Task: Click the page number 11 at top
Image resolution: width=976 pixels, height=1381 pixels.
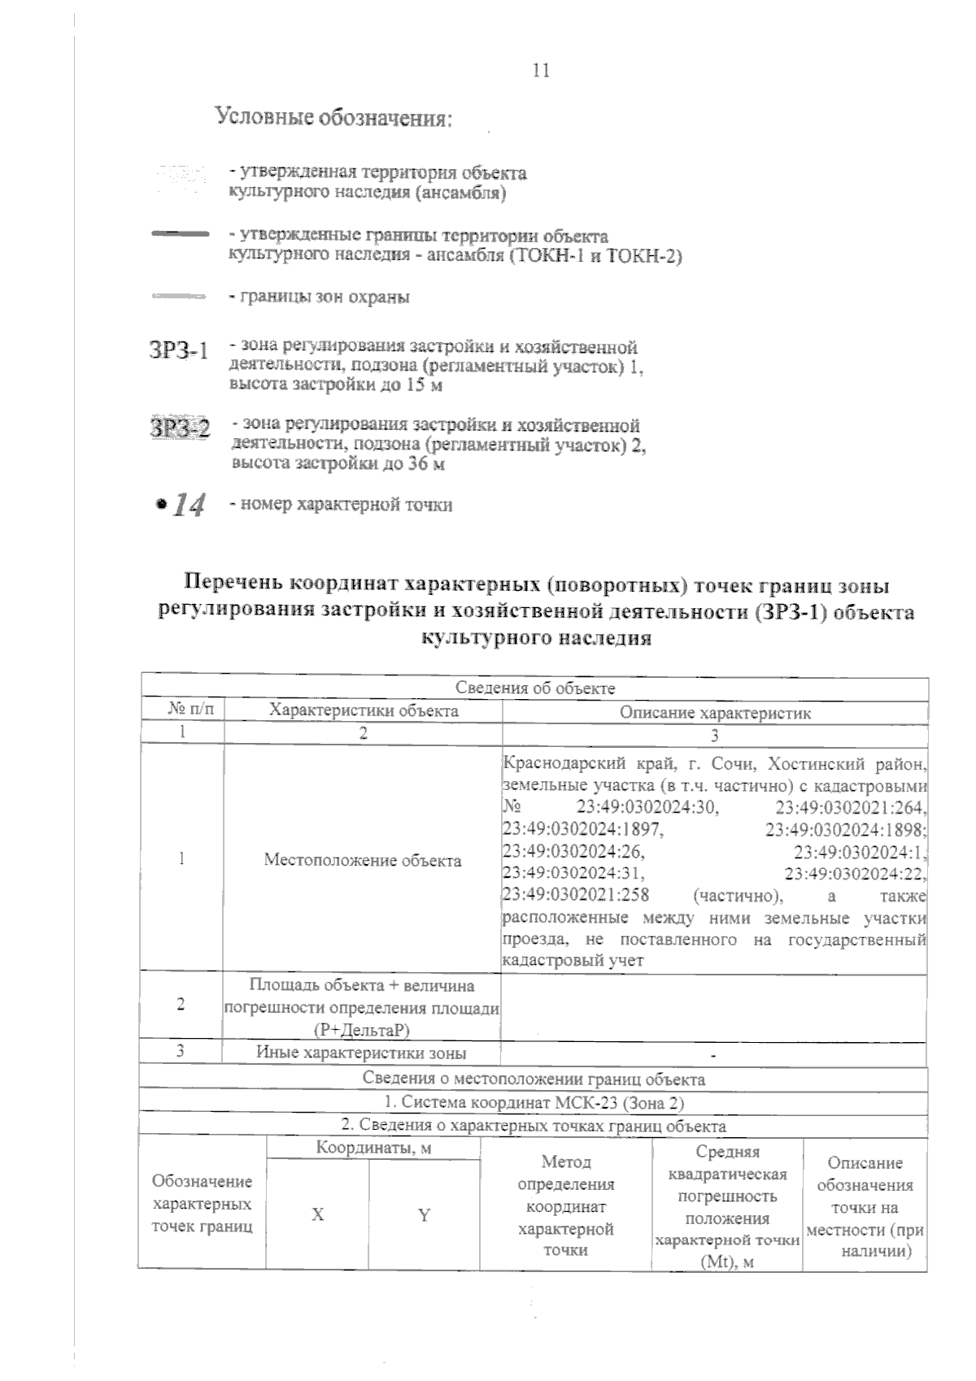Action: click(x=541, y=71)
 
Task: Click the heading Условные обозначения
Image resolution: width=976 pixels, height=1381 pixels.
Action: click(x=333, y=118)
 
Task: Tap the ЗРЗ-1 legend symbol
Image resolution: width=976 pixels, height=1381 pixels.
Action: click(x=179, y=350)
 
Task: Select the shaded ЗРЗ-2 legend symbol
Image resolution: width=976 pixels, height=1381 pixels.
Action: click(x=180, y=428)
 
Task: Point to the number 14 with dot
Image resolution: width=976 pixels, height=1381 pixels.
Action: click(x=181, y=505)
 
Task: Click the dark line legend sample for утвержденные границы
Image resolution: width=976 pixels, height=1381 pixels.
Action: click(x=181, y=235)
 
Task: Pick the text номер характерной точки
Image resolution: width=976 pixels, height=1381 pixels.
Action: click(x=341, y=505)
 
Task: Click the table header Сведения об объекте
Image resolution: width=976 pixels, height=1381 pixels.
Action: click(x=534, y=688)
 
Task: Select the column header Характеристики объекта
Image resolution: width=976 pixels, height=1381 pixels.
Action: click(x=364, y=710)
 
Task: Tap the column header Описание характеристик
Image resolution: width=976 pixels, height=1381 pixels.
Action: click(x=715, y=713)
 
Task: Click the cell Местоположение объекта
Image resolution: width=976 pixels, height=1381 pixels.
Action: click(x=363, y=860)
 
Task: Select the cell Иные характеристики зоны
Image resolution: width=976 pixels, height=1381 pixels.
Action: click(x=362, y=1053)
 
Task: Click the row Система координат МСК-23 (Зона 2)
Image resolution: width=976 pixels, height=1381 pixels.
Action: click(x=534, y=1103)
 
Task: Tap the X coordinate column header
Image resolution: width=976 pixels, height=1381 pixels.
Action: click(x=318, y=1214)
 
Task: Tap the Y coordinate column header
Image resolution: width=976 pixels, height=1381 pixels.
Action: click(x=424, y=1215)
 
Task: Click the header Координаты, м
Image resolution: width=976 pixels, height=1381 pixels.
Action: click(x=373, y=1148)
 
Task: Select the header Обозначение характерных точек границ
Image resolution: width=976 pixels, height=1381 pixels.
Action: click(x=203, y=1203)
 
